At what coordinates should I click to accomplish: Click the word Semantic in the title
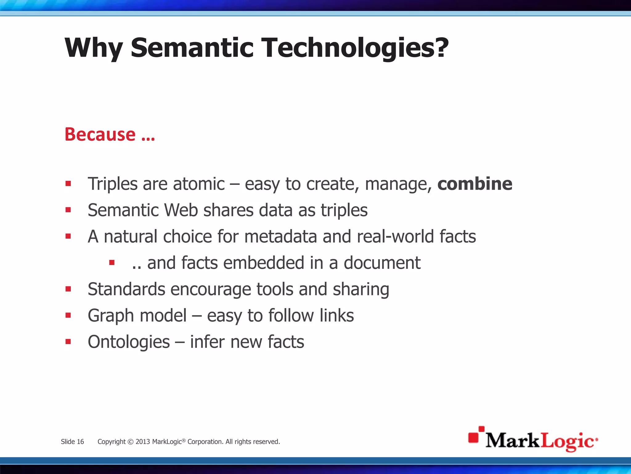192,48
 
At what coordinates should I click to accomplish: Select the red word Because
100,135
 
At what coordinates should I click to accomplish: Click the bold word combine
475,184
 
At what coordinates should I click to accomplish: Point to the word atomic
199,184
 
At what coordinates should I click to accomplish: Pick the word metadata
280,236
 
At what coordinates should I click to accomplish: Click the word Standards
126,289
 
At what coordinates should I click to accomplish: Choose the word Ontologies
129,342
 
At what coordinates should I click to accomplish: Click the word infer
207,342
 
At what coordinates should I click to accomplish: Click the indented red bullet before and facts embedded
112,263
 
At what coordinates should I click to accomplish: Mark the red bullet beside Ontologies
68,342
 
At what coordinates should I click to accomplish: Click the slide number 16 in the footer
80,442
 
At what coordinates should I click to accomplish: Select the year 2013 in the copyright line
143,442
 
